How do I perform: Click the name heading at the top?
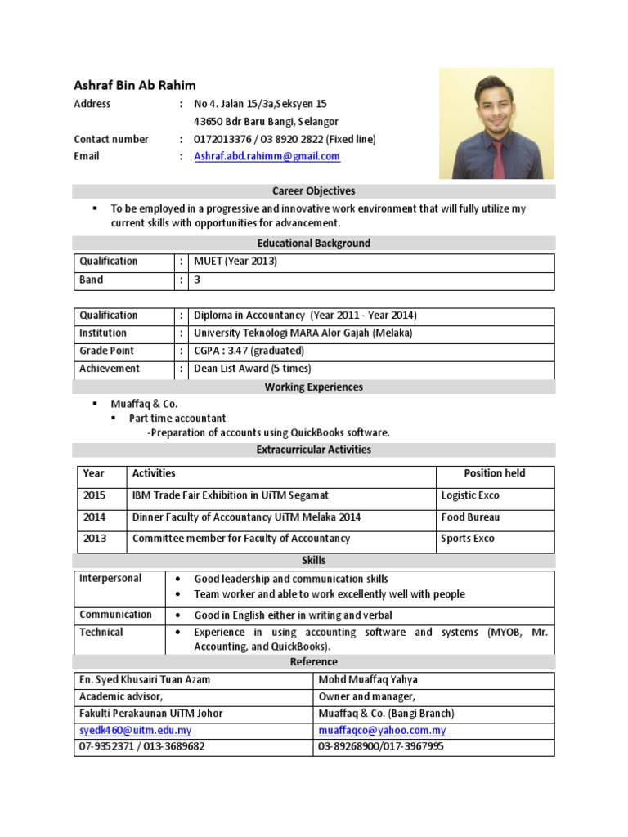tap(135, 85)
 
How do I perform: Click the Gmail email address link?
tap(267, 156)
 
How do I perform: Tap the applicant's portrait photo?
tap(496, 123)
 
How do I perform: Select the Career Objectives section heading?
tap(314, 191)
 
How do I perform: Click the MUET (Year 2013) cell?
tap(235, 262)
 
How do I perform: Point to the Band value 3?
tap(197, 280)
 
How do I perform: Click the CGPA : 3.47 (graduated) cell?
tap(249, 351)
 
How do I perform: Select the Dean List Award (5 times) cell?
tap(252, 369)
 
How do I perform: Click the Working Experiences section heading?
tap(314, 387)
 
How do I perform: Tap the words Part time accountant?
tap(177, 418)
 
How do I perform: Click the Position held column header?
tap(495, 473)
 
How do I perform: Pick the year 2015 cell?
tap(94, 495)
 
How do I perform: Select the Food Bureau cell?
tap(470, 517)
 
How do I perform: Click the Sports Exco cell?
tap(468, 539)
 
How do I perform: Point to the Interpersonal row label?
tap(110, 578)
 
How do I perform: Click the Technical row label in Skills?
tap(101, 632)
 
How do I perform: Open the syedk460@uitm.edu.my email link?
tap(135, 730)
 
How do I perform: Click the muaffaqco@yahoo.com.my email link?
tap(382, 730)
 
